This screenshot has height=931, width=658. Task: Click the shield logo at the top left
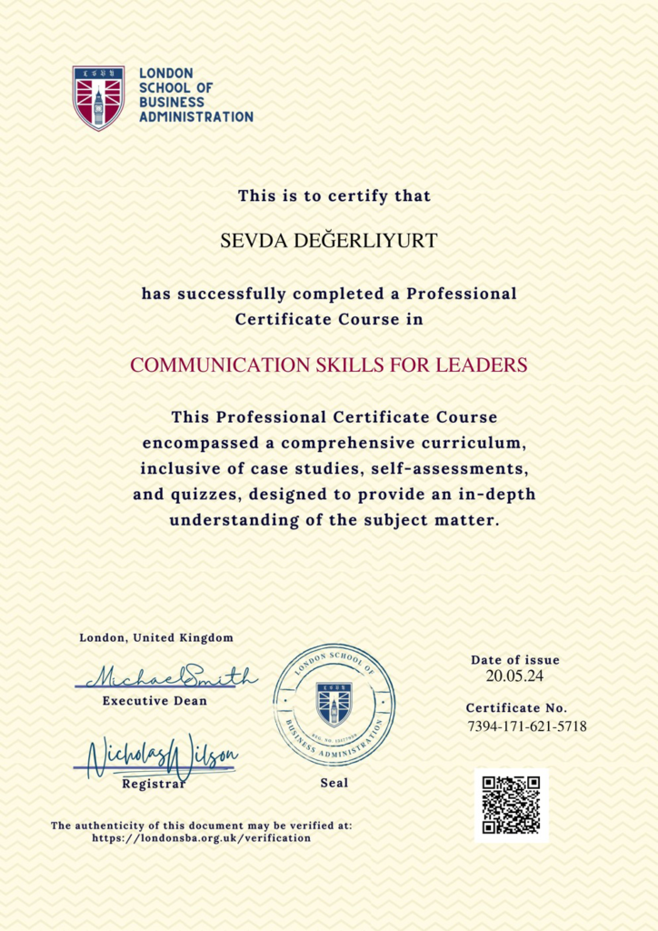pyautogui.click(x=99, y=97)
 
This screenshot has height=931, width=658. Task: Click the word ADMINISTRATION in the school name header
pyautogui.click(x=196, y=117)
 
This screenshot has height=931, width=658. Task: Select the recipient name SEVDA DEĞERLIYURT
pyautogui.click(x=329, y=241)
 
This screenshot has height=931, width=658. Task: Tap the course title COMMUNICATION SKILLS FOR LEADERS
pyautogui.click(x=329, y=365)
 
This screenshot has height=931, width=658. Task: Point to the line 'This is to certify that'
pyautogui.click(x=334, y=195)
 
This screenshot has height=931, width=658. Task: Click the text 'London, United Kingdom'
pyautogui.click(x=156, y=638)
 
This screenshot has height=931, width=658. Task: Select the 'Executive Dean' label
pyautogui.click(x=155, y=701)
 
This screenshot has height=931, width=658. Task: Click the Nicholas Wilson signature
pyautogui.click(x=162, y=756)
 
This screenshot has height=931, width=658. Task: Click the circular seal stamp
pyautogui.click(x=334, y=704)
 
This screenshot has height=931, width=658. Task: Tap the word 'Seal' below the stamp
pyautogui.click(x=334, y=782)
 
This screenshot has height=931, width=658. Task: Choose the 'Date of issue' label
pyautogui.click(x=515, y=660)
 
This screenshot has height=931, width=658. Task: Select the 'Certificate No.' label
pyautogui.click(x=516, y=708)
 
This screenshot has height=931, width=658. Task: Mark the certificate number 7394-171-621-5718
pyautogui.click(x=526, y=726)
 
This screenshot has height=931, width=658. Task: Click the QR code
pyautogui.click(x=511, y=805)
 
